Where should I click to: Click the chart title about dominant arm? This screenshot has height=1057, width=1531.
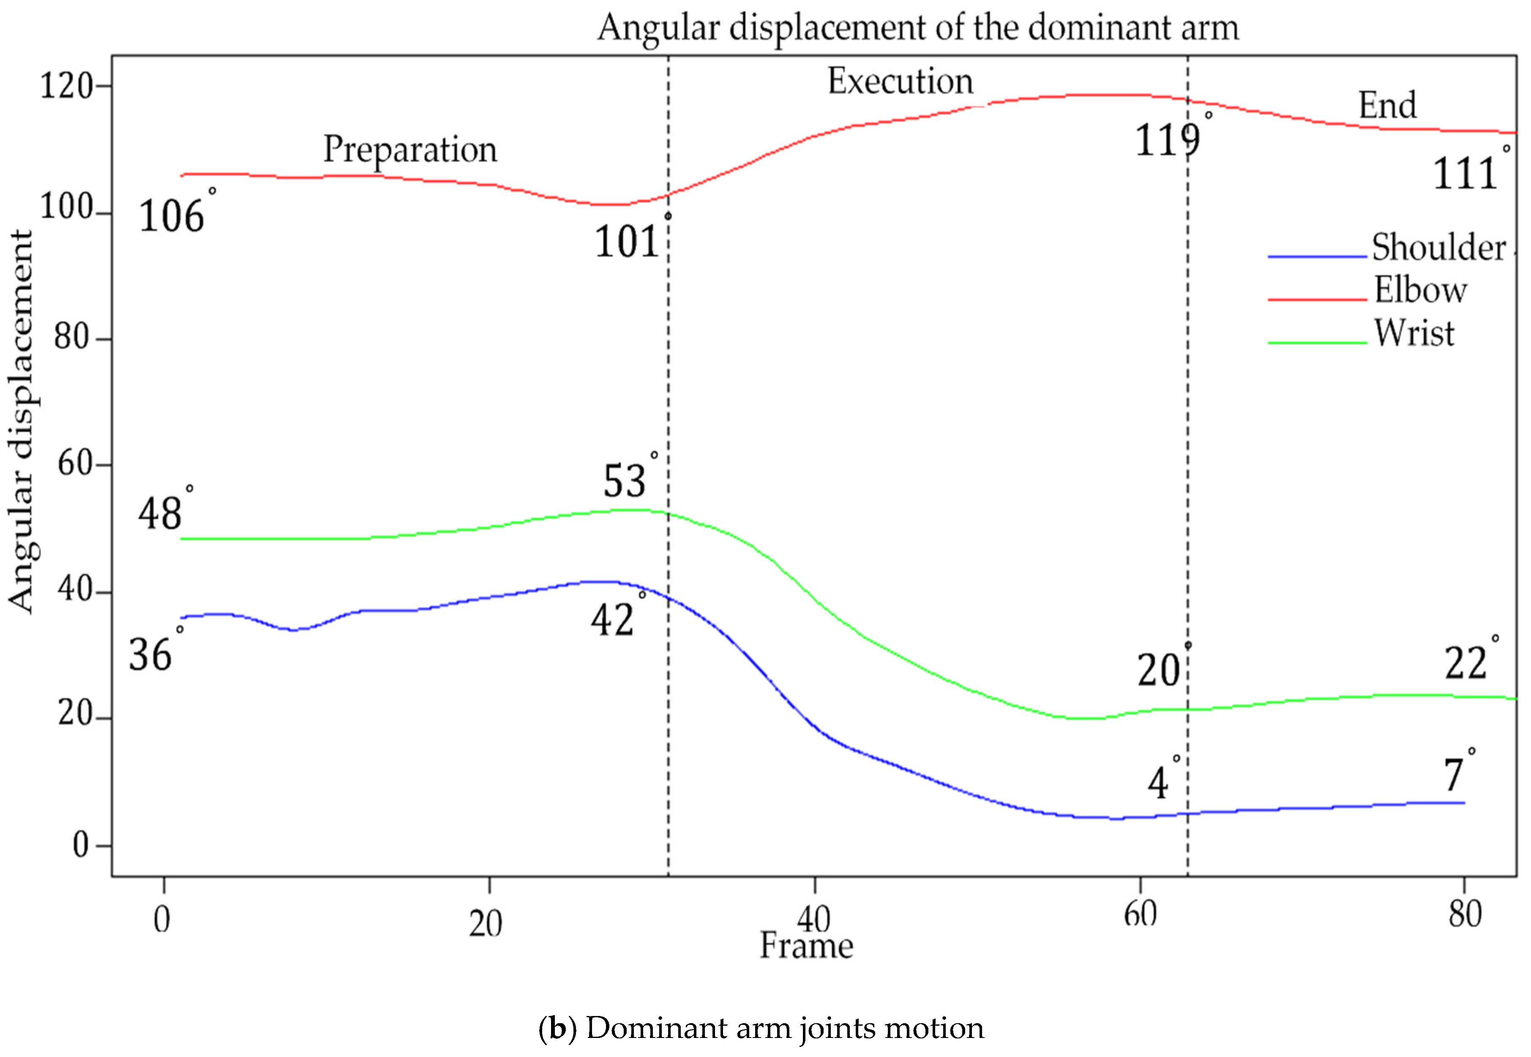[x=917, y=28]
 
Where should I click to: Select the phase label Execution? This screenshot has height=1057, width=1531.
[x=900, y=82]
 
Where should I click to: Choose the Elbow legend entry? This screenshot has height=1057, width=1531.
[x=1420, y=290]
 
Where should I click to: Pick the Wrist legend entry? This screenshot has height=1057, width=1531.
[x=1414, y=333]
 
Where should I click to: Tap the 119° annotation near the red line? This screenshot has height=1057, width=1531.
[x=1168, y=140]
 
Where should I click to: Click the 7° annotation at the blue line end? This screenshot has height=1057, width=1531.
[x=1454, y=775]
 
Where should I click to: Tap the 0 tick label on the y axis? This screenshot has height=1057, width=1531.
[x=81, y=846]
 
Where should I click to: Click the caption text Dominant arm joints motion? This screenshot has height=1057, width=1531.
[x=761, y=1028]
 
